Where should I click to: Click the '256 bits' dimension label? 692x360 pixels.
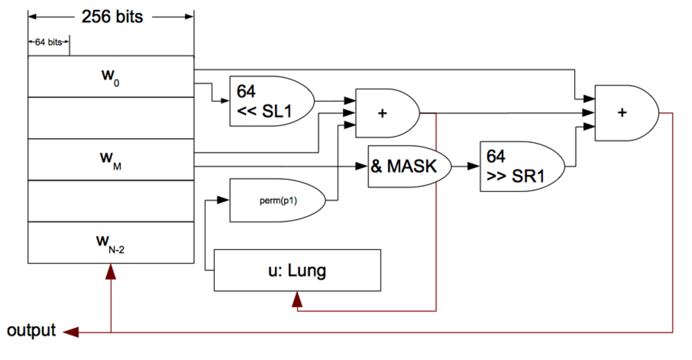tap(112, 17)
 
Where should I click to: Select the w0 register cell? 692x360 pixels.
tap(111, 76)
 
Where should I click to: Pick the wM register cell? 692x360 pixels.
tap(111, 159)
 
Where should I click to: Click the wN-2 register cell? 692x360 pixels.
tap(111, 242)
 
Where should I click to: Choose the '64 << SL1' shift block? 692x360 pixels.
tap(269, 101)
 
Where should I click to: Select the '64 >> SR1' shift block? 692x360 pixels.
tap(518, 166)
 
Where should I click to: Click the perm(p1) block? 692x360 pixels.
tap(274, 200)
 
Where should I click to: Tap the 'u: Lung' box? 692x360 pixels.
tap(297, 271)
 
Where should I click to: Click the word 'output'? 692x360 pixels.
tap(31, 330)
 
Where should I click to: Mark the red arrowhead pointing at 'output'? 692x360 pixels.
tap(70, 332)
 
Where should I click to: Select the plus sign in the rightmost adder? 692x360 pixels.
tap(622, 113)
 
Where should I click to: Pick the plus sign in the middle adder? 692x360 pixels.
tap(382, 113)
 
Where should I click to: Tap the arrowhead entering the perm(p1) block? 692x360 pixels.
tap(224, 200)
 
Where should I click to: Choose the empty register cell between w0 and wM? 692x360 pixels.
tap(111, 118)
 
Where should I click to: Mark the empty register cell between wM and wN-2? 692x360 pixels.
tap(111, 201)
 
